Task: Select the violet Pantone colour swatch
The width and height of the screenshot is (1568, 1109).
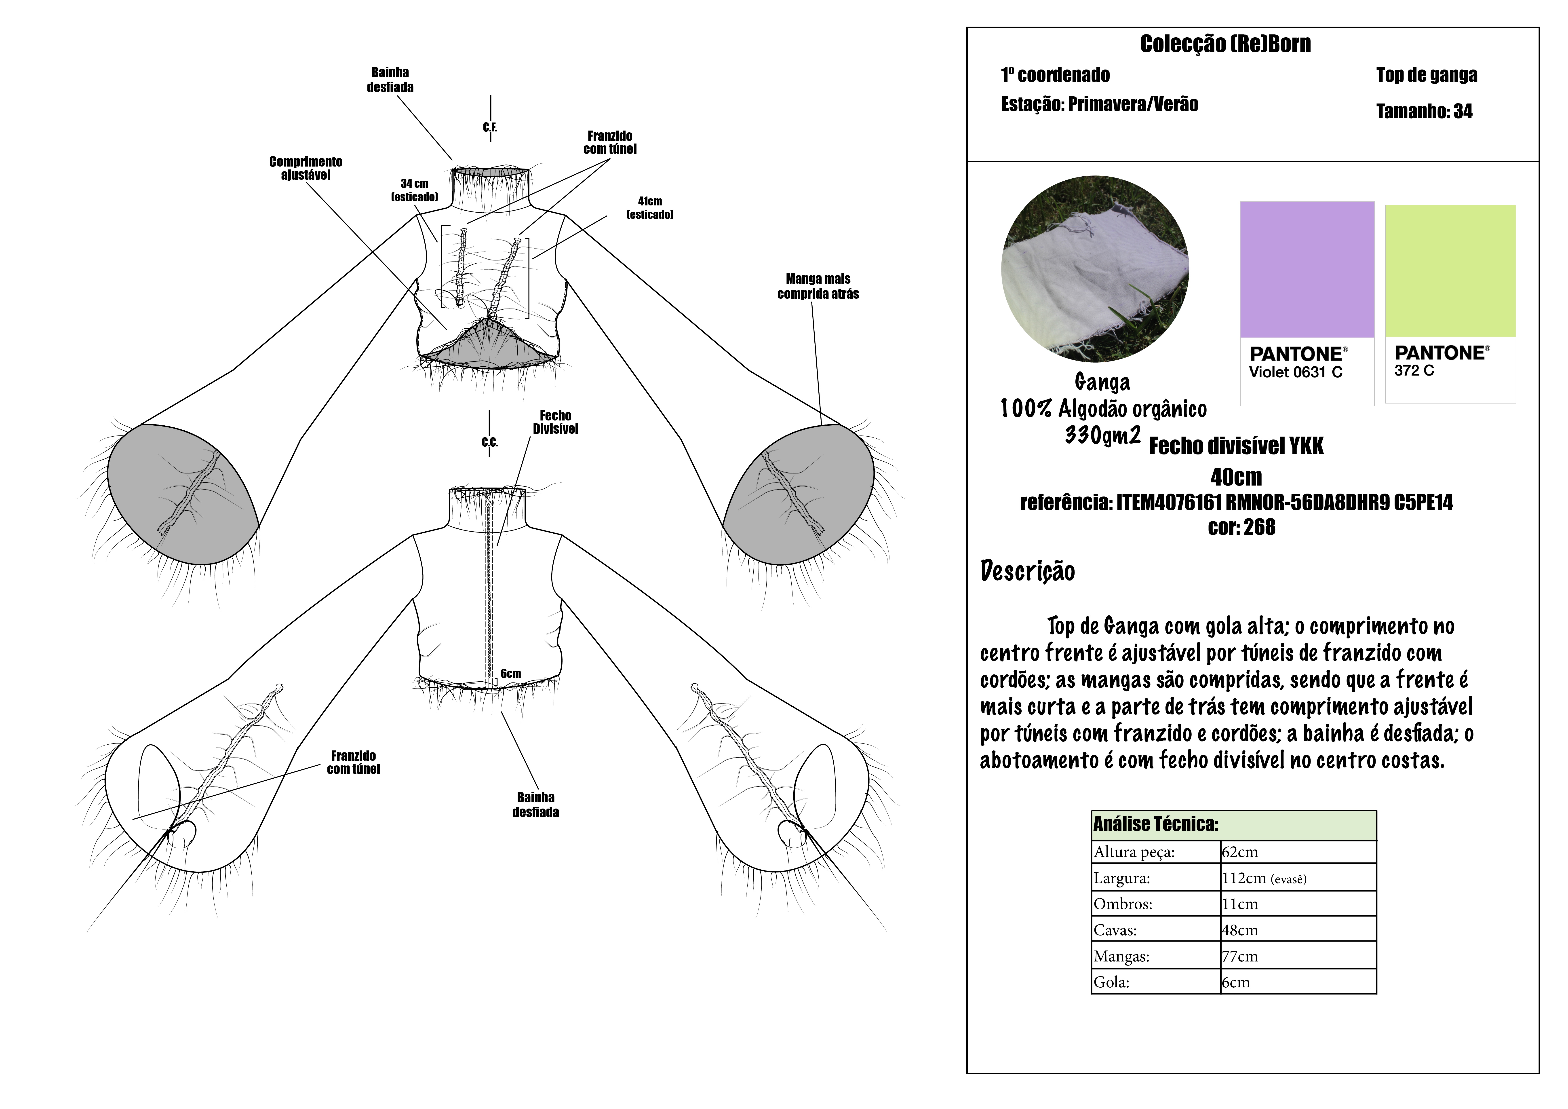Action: coord(1307,269)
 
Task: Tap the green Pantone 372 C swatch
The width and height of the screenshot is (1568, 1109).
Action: coord(1450,270)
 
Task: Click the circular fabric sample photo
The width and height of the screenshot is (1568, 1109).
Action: coord(1095,268)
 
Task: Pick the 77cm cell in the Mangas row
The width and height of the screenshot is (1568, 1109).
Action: coord(1239,956)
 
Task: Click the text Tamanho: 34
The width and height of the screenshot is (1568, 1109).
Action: coord(1424,111)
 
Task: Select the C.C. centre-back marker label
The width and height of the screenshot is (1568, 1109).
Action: coord(490,442)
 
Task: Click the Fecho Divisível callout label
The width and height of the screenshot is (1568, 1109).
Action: coord(555,422)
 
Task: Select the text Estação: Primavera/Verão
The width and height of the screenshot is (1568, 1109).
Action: coord(1100,105)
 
